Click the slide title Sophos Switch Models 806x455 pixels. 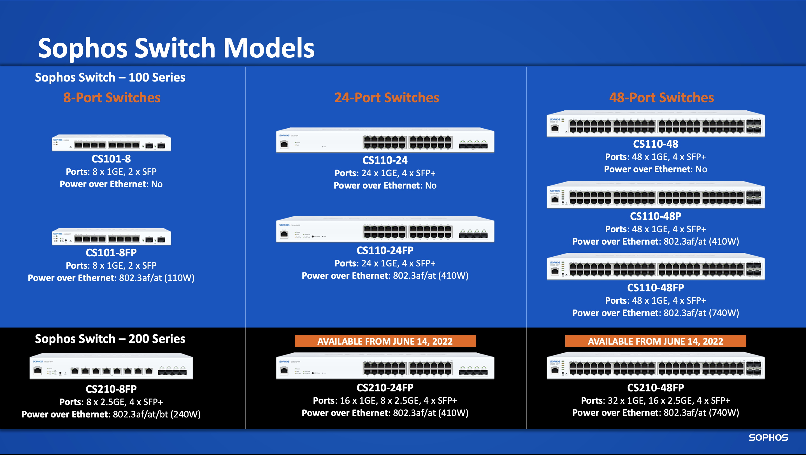click(176, 48)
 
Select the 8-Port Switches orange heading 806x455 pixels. click(112, 97)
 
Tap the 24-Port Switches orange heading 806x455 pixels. click(387, 97)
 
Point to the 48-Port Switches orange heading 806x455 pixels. click(661, 97)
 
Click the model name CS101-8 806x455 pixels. click(111, 159)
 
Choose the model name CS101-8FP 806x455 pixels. click(111, 252)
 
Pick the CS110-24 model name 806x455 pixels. click(385, 160)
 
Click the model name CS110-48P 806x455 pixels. click(656, 216)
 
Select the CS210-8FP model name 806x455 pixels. click(111, 389)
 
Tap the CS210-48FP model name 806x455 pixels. click(656, 388)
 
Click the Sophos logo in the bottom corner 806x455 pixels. click(768, 437)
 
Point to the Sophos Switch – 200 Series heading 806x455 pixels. click(110, 339)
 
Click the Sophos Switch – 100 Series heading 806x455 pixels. click(110, 77)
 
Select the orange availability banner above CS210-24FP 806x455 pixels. click(385, 341)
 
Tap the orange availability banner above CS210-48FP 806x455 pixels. click(656, 341)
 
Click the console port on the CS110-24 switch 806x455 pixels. click(284, 145)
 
